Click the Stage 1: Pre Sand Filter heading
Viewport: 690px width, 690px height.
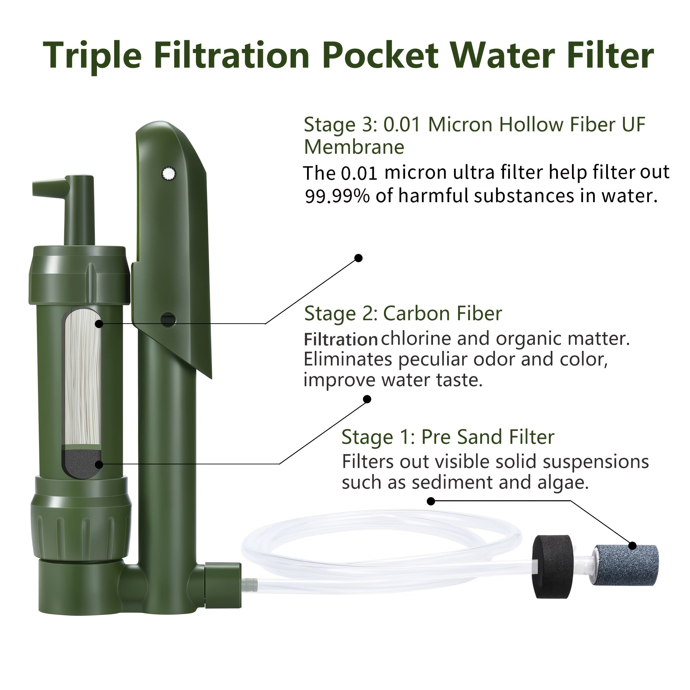click(448, 437)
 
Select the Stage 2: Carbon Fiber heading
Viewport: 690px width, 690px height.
click(403, 314)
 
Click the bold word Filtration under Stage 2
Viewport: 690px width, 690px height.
click(341, 339)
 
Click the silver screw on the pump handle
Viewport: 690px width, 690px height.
click(169, 174)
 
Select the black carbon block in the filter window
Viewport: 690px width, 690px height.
click(82, 464)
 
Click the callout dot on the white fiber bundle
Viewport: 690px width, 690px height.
click(99, 324)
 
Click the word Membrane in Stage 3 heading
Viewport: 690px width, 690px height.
click(354, 147)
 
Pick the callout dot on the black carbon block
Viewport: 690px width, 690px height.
click(99, 464)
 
